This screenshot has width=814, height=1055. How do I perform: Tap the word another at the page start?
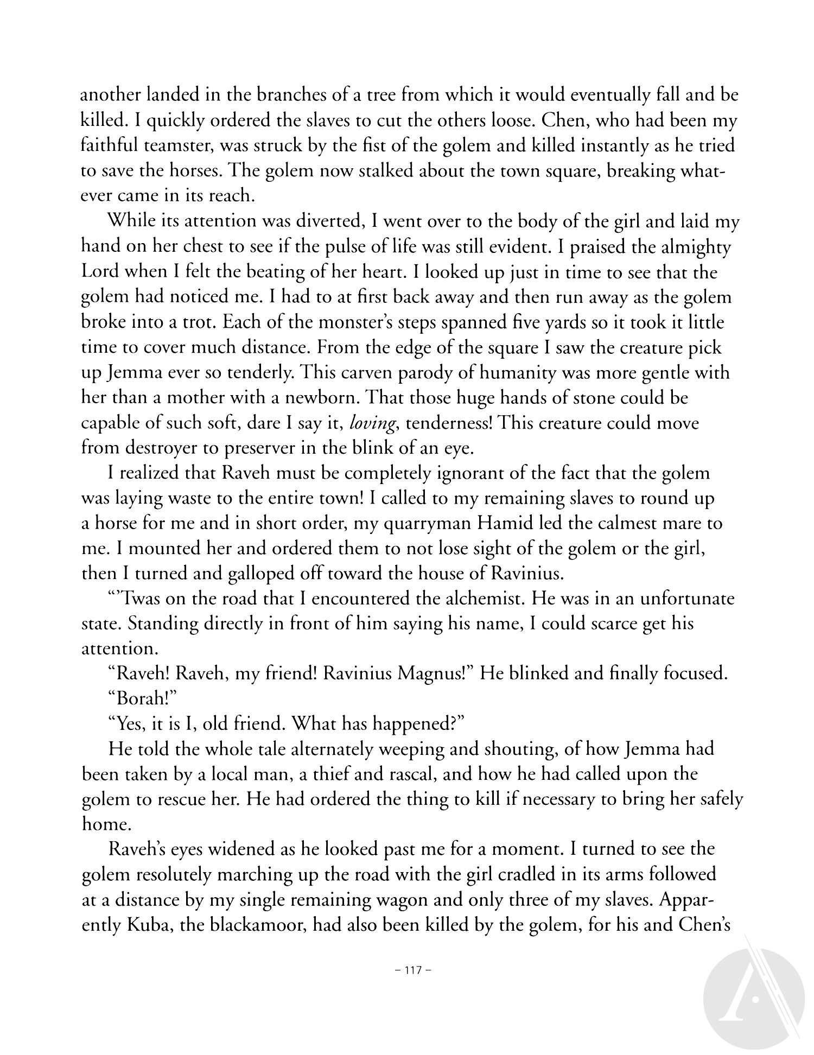(x=112, y=96)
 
